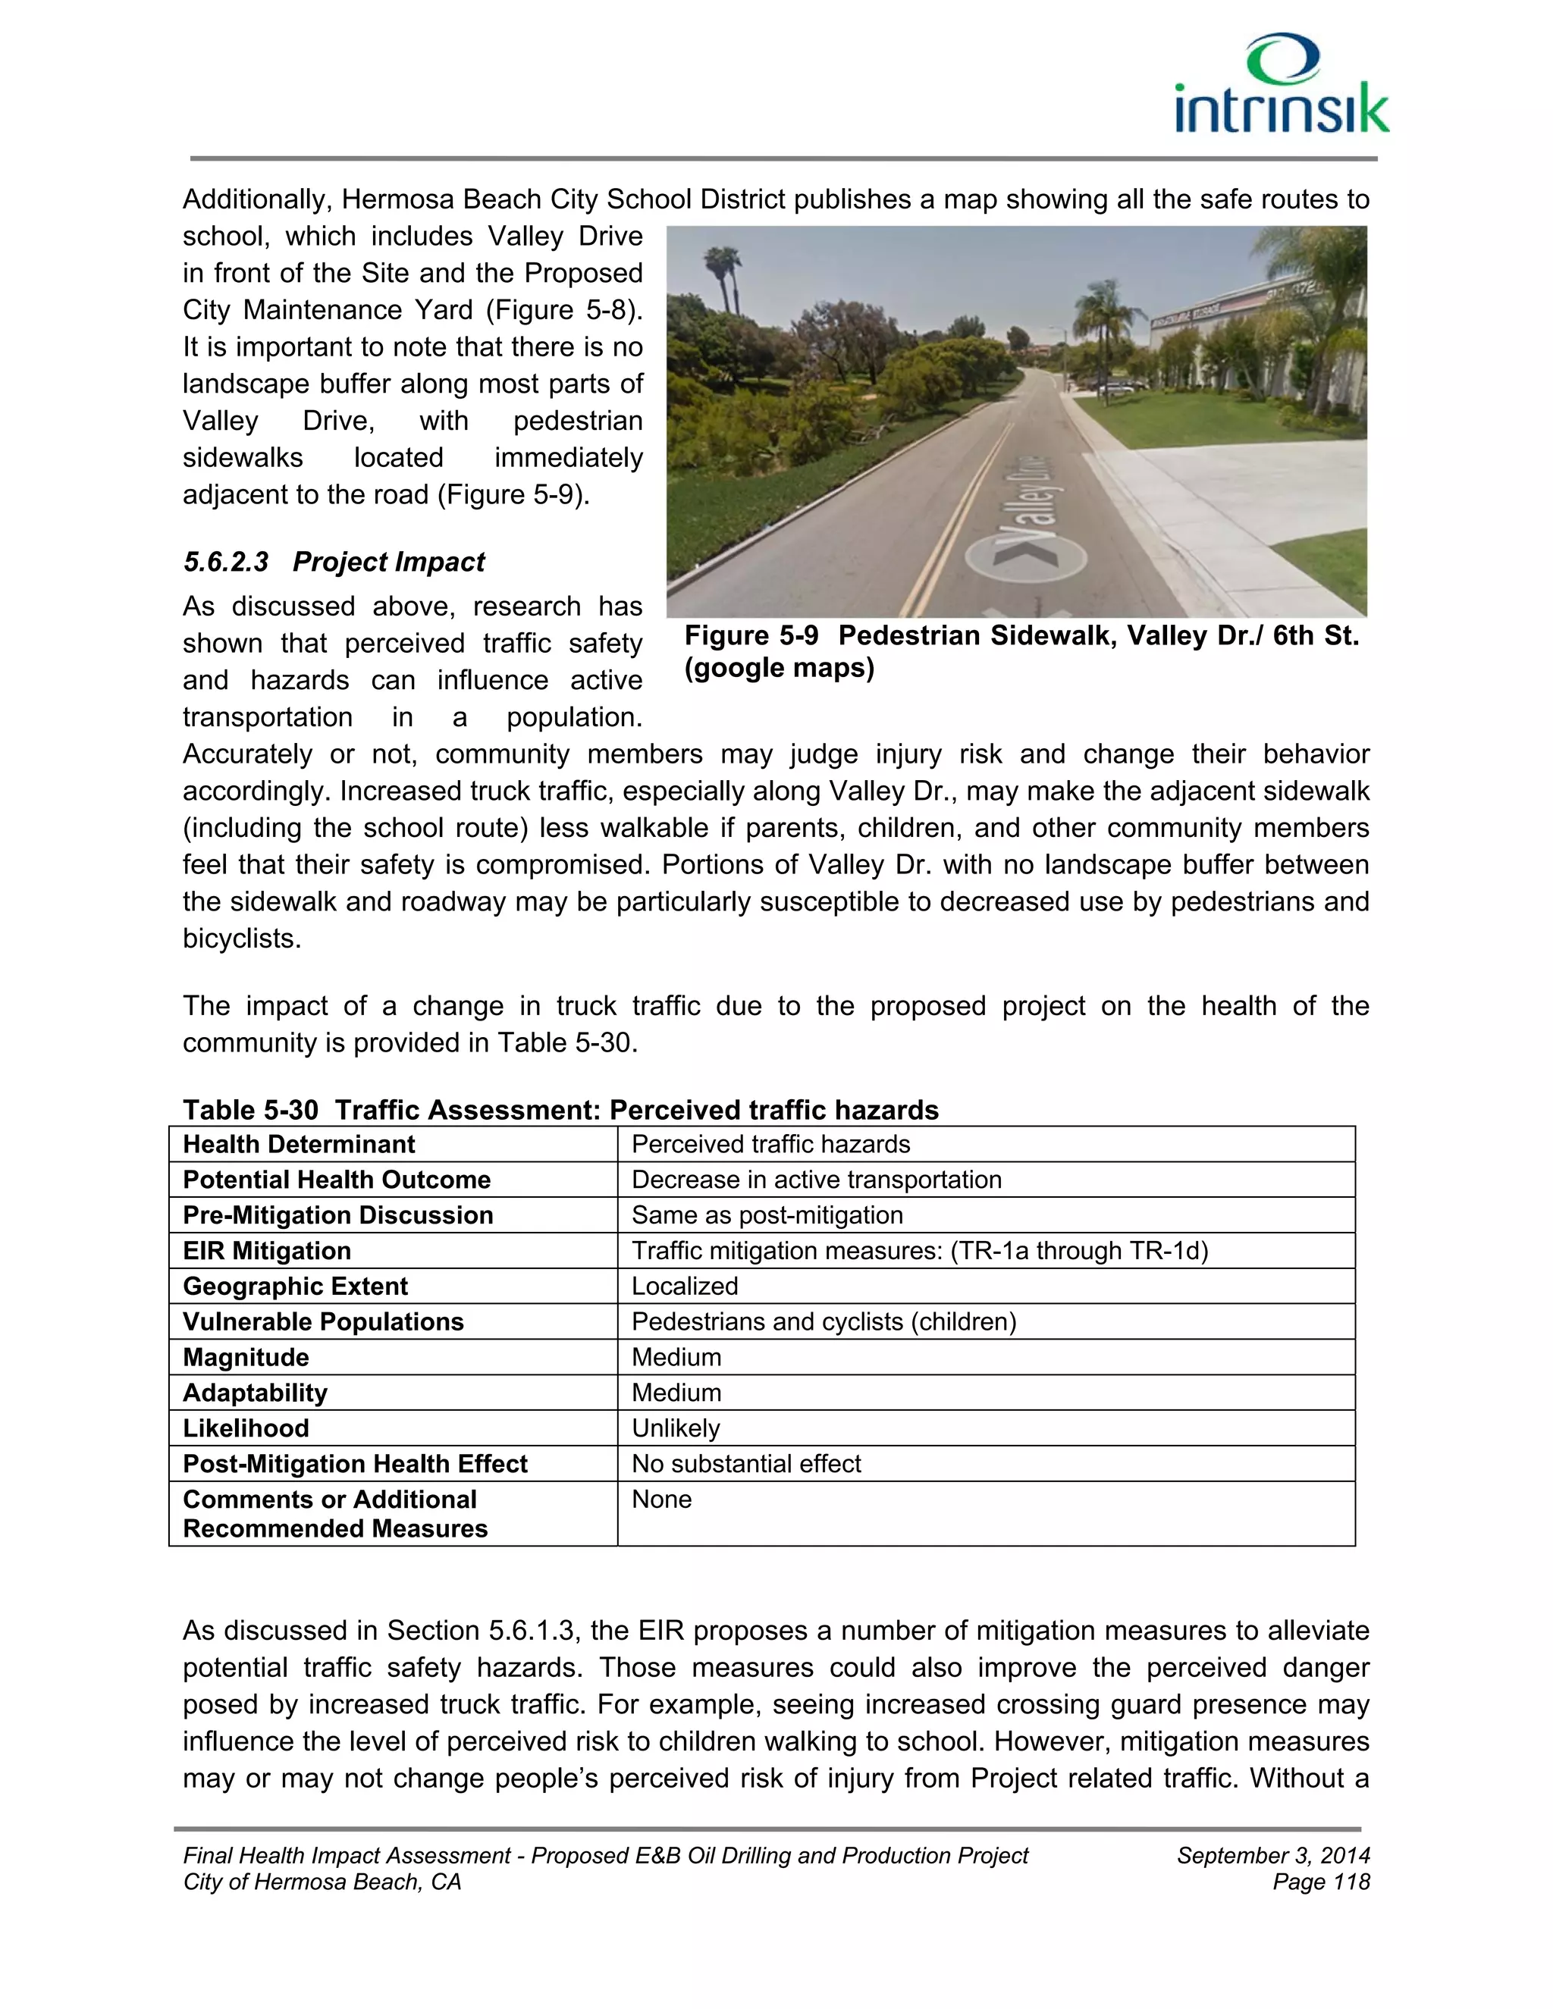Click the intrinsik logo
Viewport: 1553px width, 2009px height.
tap(1281, 86)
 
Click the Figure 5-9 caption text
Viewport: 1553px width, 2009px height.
tap(1021, 651)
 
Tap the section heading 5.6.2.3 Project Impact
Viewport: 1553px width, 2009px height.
tap(334, 562)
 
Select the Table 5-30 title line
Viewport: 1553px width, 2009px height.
tap(560, 1111)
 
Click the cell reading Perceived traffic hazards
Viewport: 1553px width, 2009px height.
tap(770, 1144)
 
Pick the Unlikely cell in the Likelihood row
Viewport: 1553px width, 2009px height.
tap(676, 1428)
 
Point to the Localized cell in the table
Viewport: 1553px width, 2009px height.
tap(685, 1286)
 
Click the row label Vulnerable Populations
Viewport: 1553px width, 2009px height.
tap(323, 1322)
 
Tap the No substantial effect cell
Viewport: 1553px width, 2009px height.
tap(745, 1463)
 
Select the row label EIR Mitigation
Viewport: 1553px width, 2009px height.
tap(267, 1251)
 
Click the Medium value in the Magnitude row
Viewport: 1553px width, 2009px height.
tap(676, 1358)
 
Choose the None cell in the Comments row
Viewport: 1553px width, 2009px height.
tap(661, 1500)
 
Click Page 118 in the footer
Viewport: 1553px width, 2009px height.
tap(1320, 1882)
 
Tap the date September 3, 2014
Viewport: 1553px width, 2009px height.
tap(1272, 1855)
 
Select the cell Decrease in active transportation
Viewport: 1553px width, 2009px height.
tap(816, 1180)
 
